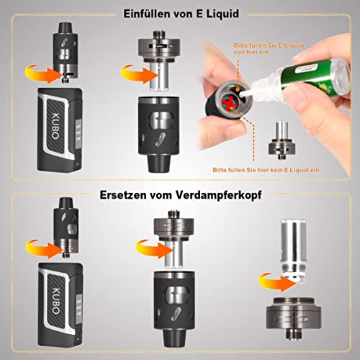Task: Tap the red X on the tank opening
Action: [x=228, y=103]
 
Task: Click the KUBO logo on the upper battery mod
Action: [x=55, y=126]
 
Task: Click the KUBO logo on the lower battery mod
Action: [x=55, y=301]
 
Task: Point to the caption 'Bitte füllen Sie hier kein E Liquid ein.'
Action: [x=266, y=170]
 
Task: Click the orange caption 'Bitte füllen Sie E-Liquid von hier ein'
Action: [x=269, y=48]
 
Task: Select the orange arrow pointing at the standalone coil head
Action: [x=278, y=282]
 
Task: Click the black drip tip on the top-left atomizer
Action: [x=66, y=27]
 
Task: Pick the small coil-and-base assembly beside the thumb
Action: [x=282, y=140]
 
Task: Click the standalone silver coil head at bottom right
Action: [x=293, y=251]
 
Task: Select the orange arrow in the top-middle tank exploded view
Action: [x=140, y=74]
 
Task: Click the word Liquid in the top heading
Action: [x=222, y=14]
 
